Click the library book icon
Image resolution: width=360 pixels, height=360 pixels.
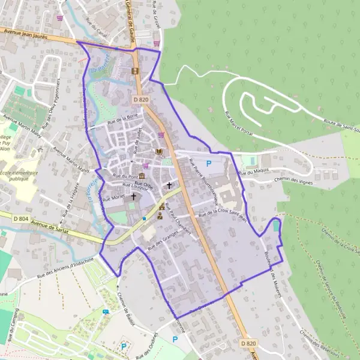pyautogui.click(x=159, y=152)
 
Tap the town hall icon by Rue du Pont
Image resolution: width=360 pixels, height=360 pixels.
pyautogui.click(x=142, y=175)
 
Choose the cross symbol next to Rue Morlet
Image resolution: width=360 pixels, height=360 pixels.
pyautogui.click(x=133, y=196)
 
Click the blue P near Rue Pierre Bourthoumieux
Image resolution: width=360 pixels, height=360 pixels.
pyautogui.click(x=209, y=163)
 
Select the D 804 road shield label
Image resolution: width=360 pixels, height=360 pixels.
pyautogui.click(x=11, y=214)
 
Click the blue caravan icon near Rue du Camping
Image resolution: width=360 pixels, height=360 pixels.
pyautogui.click(x=106, y=312)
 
